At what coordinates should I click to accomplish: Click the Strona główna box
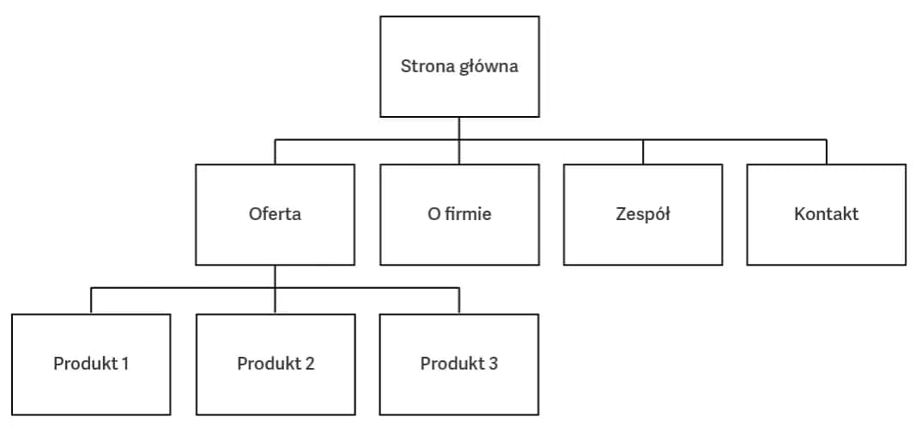(x=459, y=66)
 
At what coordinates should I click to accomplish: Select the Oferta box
(x=275, y=214)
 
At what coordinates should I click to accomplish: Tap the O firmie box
(x=459, y=214)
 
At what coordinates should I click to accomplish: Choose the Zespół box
(x=643, y=214)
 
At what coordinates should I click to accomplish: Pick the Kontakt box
(x=826, y=214)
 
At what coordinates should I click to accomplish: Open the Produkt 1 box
(x=91, y=364)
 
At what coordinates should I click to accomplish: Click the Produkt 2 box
(x=275, y=364)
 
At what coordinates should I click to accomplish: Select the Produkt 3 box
(x=459, y=364)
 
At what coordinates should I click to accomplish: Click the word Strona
(x=426, y=66)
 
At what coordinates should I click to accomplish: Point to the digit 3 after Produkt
(x=493, y=364)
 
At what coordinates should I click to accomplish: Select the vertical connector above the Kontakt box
(x=827, y=152)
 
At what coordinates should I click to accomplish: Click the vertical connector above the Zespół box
(x=643, y=152)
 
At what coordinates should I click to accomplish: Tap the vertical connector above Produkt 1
(x=91, y=301)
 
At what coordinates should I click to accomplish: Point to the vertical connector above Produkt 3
(x=459, y=301)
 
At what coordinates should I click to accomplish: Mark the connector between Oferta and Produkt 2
(x=275, y=289)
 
